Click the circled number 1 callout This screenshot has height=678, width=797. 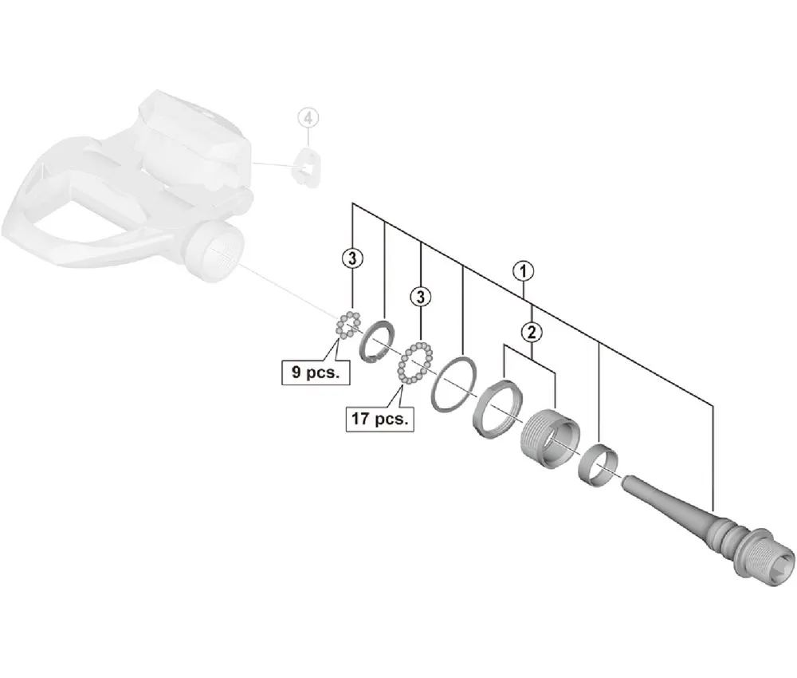pyautogui.click(x=523, y=272)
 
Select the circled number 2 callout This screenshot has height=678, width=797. pyautogui.click(x=531, y=330)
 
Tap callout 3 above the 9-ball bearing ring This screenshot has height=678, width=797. pyautogui.click(x=352, y=258)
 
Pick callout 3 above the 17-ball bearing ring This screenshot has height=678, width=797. pyautogui.click(x=421, y=296)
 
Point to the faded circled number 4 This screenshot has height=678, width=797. pyautogui.click(x=308, y=117)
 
